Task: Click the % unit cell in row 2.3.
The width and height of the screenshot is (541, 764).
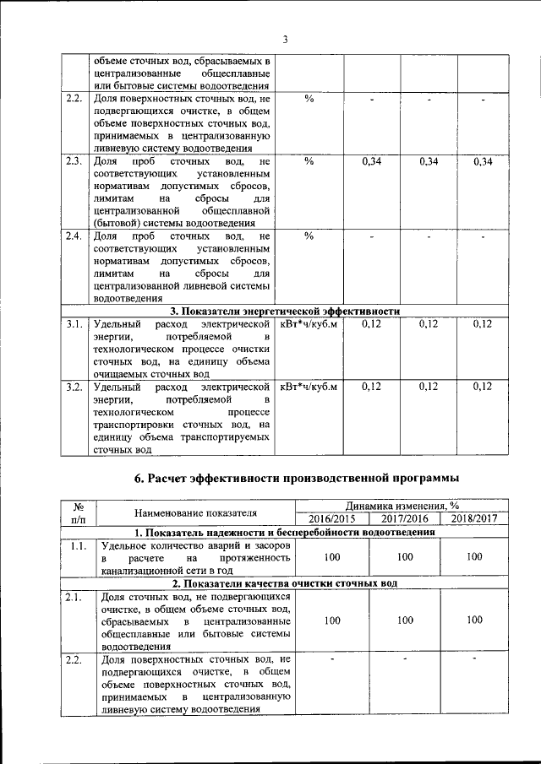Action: tap(309, 160)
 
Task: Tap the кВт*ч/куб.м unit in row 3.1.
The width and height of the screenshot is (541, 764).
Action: tap(309, 323)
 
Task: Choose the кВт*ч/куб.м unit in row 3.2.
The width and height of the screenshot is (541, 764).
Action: tap(309, 387)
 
